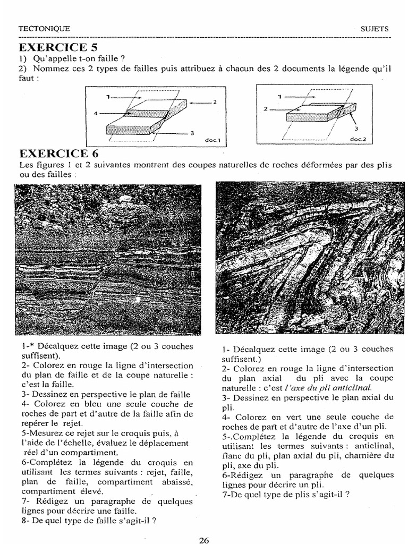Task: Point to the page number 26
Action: (x=204, y=540)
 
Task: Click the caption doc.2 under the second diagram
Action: (x=358, y=139)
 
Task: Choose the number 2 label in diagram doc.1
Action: (x=215, y=101)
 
